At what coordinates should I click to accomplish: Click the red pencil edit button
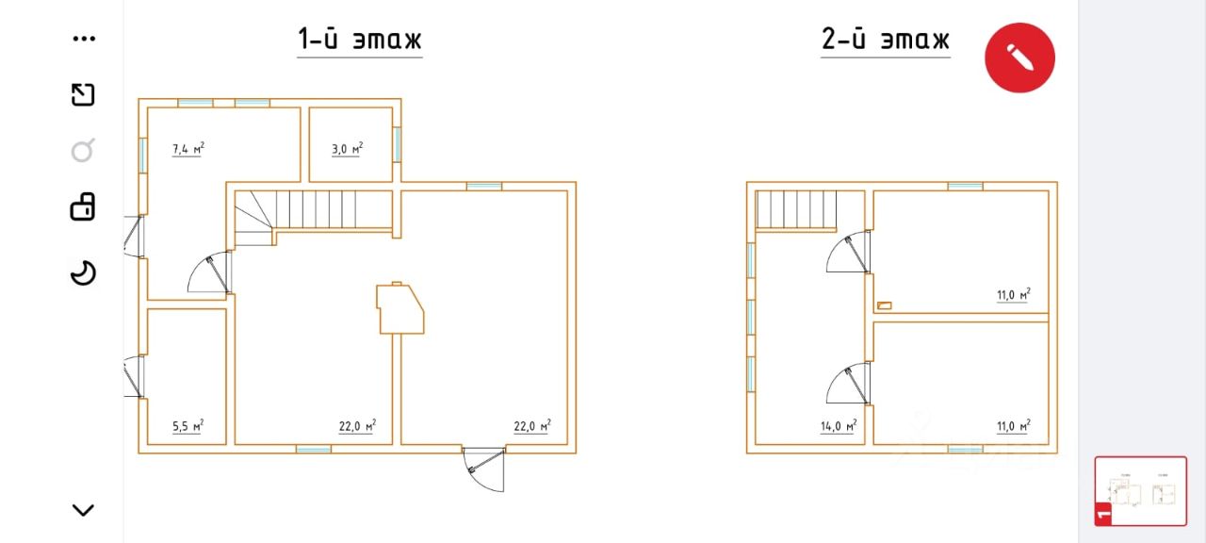point(1019,58)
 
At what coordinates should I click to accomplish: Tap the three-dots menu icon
point(84,39)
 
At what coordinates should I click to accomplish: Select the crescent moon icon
point(84,272)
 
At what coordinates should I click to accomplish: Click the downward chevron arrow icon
point(84,510)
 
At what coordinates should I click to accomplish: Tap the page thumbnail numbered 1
point(1140,491)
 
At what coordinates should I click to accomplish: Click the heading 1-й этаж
point(360,40)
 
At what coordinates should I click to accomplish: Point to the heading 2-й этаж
point(885,40)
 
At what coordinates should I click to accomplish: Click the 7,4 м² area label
point(188,149)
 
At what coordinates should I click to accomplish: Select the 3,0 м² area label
point(348,149)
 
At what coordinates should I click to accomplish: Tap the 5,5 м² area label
point(187,426)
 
